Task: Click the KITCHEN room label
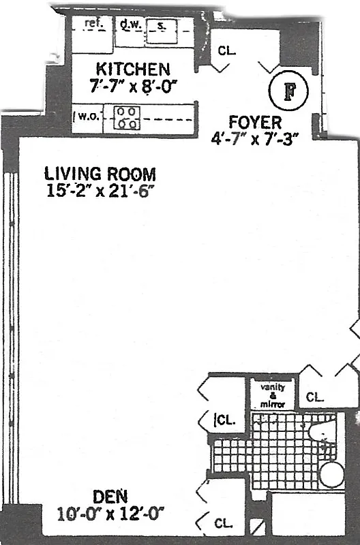point(133,69)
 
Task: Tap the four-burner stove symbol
point(126,118)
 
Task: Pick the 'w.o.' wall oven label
point(87,116)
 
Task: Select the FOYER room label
point(255,123)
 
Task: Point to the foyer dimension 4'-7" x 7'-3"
point(255,137)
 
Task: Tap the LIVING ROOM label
point(100,173)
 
